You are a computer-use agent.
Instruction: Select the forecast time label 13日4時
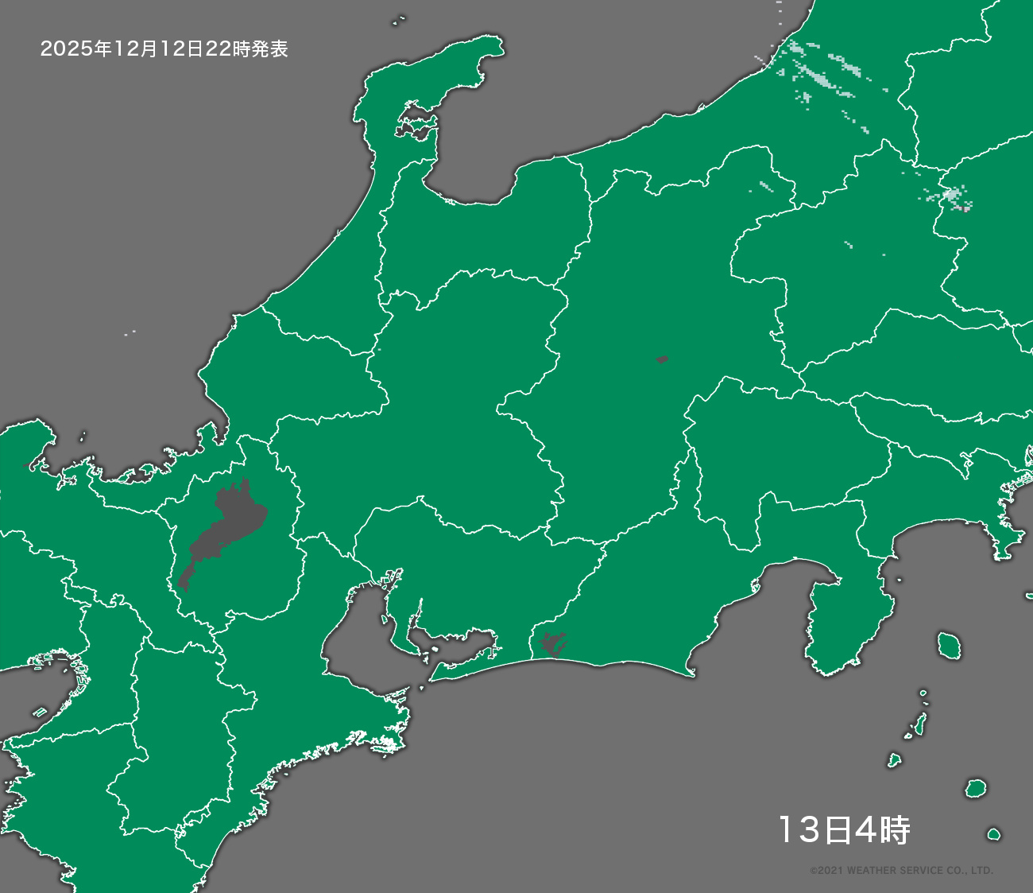click(x=843, y=830)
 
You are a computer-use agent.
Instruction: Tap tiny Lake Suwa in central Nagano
click(x=662, y=359)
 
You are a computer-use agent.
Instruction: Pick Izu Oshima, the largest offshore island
click(x=946, y=644)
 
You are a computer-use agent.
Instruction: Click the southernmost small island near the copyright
click(x=993, y=834)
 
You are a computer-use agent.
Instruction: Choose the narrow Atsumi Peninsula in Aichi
click(x=465, y=665)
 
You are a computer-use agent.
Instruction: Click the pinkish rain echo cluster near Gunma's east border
click(x=952, y=196)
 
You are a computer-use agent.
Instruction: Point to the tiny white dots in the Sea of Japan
click(x=130, y=332)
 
